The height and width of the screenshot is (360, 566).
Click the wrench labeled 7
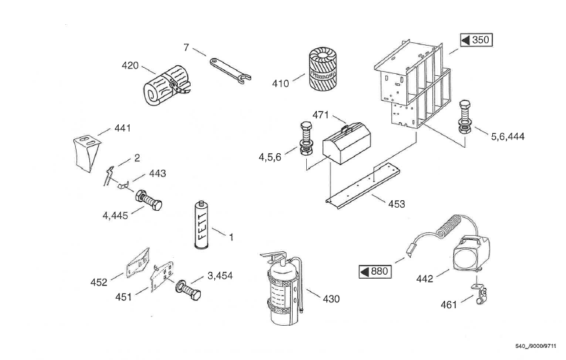[x=230, y=70]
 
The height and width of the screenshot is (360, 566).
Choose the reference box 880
[x=375, y=272]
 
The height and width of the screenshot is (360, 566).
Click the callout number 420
[x=130, y=66]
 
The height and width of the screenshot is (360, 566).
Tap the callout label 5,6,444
[x=507, y=136]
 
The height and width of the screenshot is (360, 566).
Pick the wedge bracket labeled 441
[x=85, y=152]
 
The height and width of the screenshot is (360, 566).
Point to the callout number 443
[x=157, y=173]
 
